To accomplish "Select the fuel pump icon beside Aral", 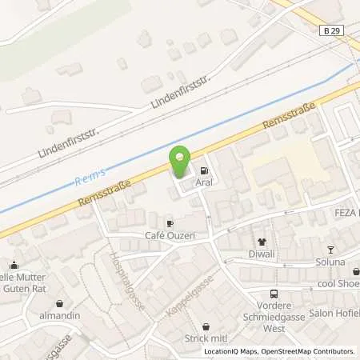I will pyautogui.click(x=206, y=170).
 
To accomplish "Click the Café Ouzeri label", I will pyautogui.click(x=170, y=236).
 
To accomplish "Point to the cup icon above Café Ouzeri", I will pyautogui.click(x=170, y=223).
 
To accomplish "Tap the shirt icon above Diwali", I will pyautogui.click(x=261, y=242).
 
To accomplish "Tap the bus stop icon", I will pyautogui.click(x=274, y=294).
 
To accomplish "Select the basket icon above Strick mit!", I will pyautogui.click(x=206, y=326).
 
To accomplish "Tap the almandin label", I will pyautogui.click(x=61, y=317).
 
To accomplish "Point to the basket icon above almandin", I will pyautogui.click(x=61, y=304).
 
